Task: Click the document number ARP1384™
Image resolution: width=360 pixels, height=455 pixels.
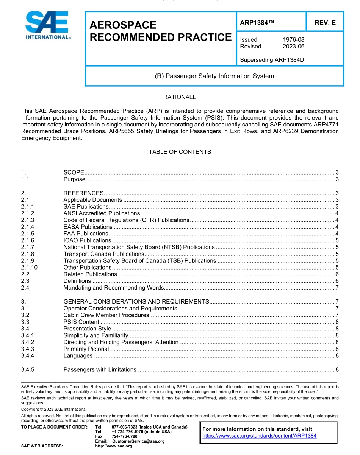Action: [x=257, y=23]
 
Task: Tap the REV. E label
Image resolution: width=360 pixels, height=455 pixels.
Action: [x=325, y=23]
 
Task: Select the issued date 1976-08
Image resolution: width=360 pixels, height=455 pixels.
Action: [x=293, y=39]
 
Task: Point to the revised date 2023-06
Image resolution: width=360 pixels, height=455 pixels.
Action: [x=293, y=46]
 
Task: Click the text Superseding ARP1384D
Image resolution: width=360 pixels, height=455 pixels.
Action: [x=272, y=60]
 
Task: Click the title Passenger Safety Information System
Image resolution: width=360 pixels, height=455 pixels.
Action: [x=214, y=76]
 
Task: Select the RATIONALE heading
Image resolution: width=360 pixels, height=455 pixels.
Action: [x=180, y=97]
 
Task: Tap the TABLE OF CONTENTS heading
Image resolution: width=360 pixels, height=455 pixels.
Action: [x=180, y=152]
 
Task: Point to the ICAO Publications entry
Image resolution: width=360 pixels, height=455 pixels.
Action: [x=87, y=240]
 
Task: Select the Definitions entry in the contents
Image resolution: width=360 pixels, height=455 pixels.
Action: [x=77, y=281]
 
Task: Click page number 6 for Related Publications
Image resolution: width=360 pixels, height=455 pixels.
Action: [x=337, y=274]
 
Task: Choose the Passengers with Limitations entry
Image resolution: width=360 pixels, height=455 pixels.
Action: [x=100, y=370]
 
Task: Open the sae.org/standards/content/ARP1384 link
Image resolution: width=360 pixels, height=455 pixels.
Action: [x=259, y=436]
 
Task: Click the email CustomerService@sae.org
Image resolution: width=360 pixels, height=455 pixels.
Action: [x=138, y=441]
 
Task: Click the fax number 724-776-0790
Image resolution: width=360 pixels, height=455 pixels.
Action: [x=125, y=436]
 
